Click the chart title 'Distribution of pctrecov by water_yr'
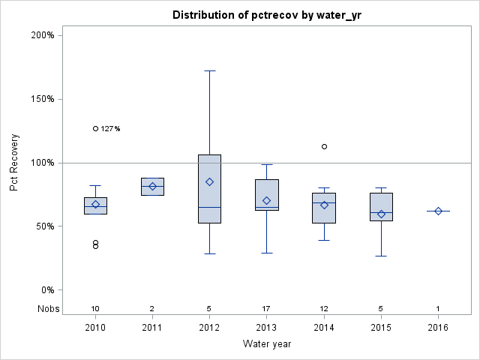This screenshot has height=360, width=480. pos(267,15)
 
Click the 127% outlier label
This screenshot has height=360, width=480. pos(110,129)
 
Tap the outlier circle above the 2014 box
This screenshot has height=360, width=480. pos(324,146)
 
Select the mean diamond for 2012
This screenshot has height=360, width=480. pos(210,181)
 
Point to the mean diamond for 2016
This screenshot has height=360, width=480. pos(438,211)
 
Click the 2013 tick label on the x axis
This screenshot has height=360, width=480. pos(267,328)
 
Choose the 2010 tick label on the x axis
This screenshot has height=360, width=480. pos(95,328)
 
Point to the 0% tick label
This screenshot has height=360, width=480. pos(46,290)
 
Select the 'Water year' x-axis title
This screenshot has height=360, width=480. pos(267,344)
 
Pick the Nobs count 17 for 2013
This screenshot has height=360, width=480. pos(267,308)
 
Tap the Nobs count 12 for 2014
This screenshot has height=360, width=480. pos(324,308)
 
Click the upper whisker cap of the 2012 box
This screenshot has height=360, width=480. pos(210,70)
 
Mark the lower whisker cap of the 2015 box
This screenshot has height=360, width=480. pos(381,256)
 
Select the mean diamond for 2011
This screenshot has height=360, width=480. pos(152,186)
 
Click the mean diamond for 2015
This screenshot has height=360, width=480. pos(381,214)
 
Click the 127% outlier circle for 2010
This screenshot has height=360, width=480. pos(95,128)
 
